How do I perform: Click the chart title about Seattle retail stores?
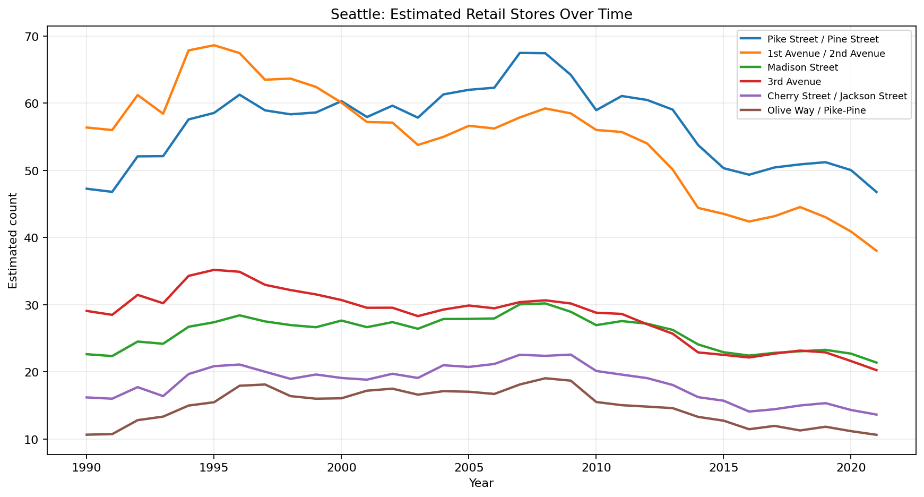tap(481, 14)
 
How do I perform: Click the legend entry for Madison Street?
tap(802, 67)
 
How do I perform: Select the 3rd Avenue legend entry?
tap(794, 82)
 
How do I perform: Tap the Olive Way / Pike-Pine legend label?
tap(816, 110)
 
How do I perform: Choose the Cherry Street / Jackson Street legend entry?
tap(837, 96)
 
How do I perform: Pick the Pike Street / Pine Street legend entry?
tap(823, 39)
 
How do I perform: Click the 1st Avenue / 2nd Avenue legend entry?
tap(826, 54)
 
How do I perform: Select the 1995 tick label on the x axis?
tap(213, 467)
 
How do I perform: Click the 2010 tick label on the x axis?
tap(595, 467)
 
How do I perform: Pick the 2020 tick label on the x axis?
tap(850, 467)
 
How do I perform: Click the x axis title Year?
tap(481, 483)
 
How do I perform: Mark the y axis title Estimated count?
tap(13, 241)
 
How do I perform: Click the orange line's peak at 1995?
tap(214, 45)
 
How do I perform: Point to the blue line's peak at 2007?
tap(520, 53)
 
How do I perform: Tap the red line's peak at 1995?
tap(214, 270)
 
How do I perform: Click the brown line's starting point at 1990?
tap(87, 434)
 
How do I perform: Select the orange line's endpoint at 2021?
tap(876, 251)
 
